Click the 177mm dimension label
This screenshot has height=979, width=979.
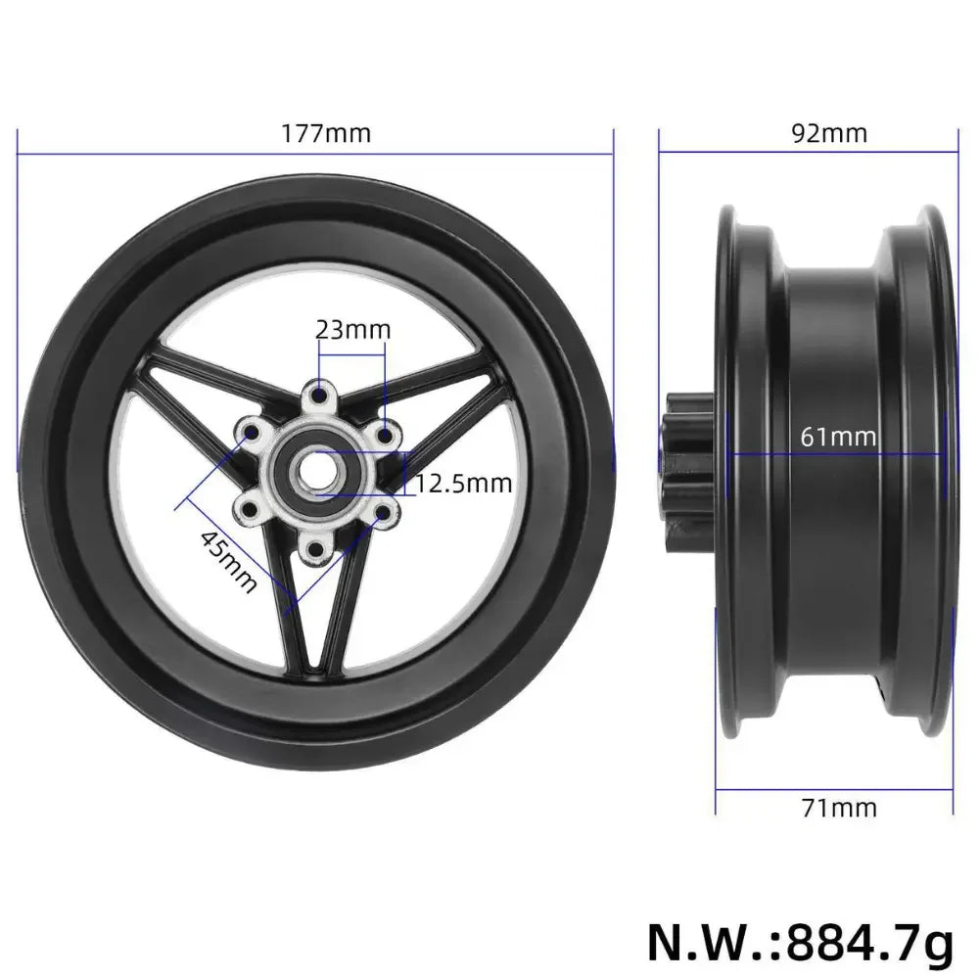point(327,133)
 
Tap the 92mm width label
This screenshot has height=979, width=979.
point(829,133)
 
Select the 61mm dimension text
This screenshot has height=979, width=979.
point(838,436)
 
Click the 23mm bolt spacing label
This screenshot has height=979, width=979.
point(352,330)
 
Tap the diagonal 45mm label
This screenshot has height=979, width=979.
point(228,561)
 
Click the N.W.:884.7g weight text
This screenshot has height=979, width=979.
point(800,944)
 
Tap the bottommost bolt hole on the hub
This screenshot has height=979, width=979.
point(316,549)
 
